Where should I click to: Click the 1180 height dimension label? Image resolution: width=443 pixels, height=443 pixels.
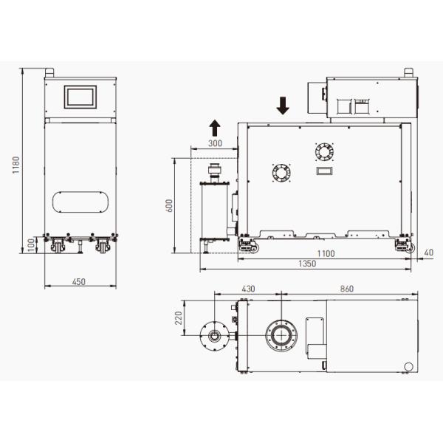[x=16, y=165]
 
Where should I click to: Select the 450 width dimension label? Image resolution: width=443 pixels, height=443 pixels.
[x=78, y=282]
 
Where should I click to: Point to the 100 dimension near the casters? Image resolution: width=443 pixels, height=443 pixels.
[x=31, y=244]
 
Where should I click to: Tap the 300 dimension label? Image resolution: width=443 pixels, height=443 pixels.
[x=215, y=143]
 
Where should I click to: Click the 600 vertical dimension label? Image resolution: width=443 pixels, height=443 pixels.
[x=169, y=206]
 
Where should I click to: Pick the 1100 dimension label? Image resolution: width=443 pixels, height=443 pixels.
[x=326, y=253]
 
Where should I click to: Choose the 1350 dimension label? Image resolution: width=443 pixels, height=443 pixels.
[x=307, y=264]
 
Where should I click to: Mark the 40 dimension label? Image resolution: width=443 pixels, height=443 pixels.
[x=428, y=253]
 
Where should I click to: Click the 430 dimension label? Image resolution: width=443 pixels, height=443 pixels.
[x=248, y=289]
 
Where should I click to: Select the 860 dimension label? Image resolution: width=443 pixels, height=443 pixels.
[x=347, y=289]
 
